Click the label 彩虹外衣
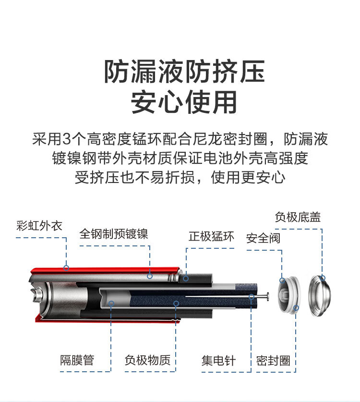39,225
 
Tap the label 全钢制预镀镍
114,234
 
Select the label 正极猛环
211,236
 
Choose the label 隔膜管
77,360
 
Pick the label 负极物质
147,360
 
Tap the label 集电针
218,360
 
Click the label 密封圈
273,361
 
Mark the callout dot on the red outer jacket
66,268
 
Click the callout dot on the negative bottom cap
323,278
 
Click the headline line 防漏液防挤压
185,73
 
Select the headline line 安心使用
184,102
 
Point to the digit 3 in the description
67,140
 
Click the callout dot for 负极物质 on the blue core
177,303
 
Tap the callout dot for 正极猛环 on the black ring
185,278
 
